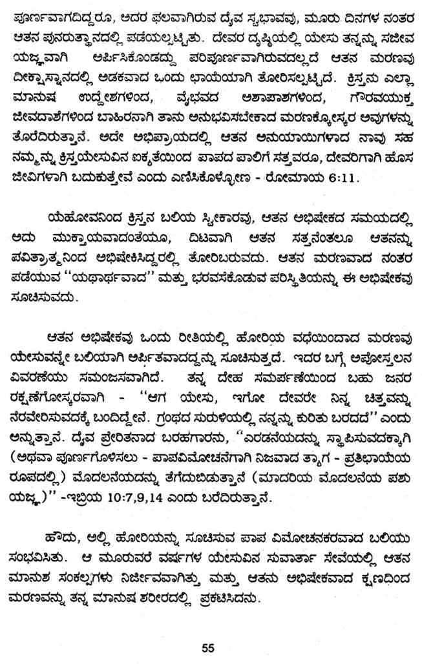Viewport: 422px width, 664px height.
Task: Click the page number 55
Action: click(207, 646)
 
